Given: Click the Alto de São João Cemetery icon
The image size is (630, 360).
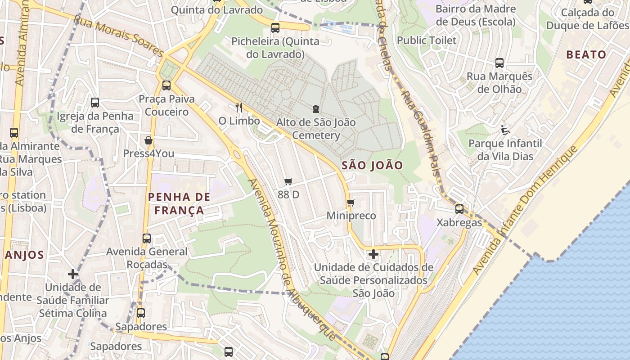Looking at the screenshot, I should click(x=316, y=109).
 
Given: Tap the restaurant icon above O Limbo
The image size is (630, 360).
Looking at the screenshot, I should click(x=239, y=107).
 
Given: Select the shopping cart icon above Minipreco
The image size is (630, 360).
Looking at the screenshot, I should click(x=351, y=202).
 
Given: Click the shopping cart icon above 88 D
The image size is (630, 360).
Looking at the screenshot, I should click(x=288, y=182).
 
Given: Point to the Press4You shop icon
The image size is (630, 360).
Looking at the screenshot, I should click(x=148, y=141).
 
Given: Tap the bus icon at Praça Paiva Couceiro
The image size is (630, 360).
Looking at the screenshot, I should click(x=166, y=85).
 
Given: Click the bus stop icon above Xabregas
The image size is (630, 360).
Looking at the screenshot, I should click(x=459, y=209).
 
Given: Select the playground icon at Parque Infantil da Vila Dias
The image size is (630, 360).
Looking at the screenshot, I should click(x=505, y=130).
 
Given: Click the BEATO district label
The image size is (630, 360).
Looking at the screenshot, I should click(x=586, y=55).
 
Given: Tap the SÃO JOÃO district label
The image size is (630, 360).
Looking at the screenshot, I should click(x=372, y=165).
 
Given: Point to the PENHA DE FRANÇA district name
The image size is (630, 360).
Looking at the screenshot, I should click(x=179, y=203).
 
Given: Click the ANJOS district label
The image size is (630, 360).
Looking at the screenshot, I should click(x=25, y=255).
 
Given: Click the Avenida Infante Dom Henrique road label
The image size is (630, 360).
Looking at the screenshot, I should click(x=524, y=211).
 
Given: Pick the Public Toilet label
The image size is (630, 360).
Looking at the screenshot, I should click(x=426, y=40).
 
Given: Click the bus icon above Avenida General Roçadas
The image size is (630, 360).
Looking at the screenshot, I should click(x=147, y=238).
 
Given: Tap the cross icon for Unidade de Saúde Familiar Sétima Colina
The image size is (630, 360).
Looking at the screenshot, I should click(x=73, y=274).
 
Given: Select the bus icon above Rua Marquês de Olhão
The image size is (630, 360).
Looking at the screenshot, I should click(x=499, y=63).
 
